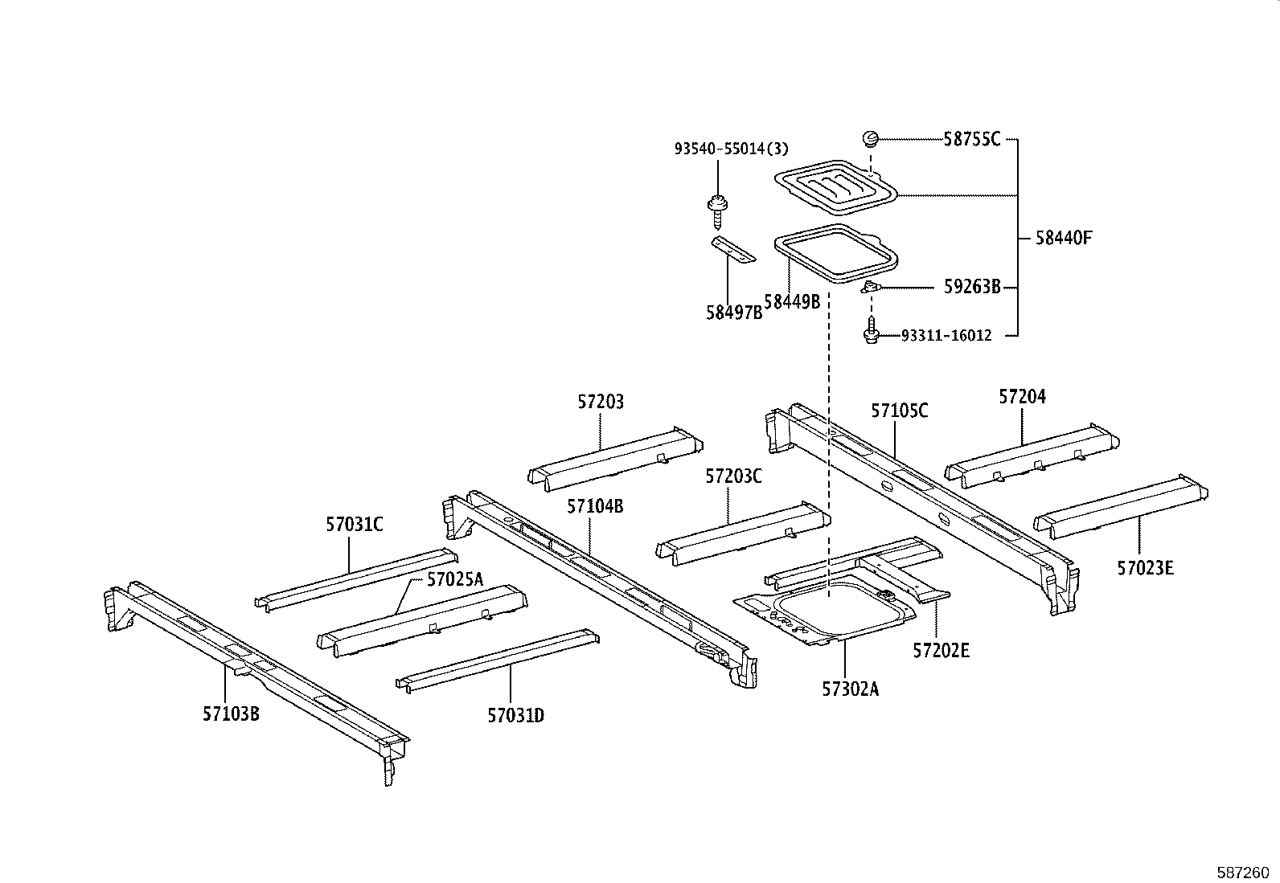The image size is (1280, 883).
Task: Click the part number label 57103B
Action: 231,713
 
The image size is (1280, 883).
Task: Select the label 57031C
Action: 354,525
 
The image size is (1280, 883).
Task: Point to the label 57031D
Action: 515,714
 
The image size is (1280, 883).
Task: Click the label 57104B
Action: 595,506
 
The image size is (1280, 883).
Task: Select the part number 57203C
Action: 733,476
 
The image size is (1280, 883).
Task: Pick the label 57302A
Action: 850,689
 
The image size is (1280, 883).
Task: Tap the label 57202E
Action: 941,650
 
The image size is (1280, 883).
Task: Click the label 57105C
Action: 900,411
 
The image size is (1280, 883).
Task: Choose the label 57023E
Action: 1145,569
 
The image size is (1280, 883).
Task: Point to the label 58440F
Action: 1063,238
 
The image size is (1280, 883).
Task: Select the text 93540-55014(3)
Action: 731,148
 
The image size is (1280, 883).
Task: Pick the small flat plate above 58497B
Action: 733,250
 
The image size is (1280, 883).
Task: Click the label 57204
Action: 1022,396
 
